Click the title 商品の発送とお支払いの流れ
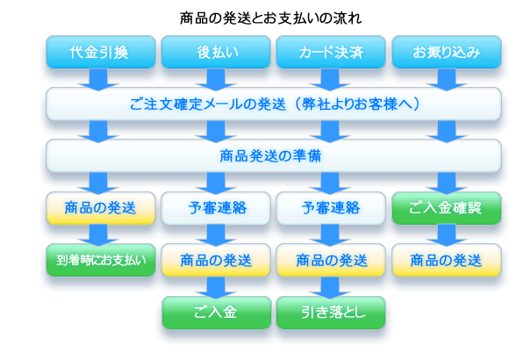(270, 18)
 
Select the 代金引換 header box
(101, 52)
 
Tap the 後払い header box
(216, 52)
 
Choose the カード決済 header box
(331, 52)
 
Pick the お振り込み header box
(447, 52)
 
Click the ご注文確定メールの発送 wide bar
(274, 104)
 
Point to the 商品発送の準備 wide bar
(274, 156)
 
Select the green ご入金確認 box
(447, 208)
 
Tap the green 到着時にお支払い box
(101, 260)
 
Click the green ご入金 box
(217, 313)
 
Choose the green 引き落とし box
(331, 313)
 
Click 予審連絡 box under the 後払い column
(216, 208)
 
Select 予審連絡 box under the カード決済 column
(331, 208)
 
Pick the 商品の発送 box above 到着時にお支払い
(101, 208)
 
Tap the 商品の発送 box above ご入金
(216, 260)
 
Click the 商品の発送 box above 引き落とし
(331, 260)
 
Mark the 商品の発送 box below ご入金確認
(447, 260)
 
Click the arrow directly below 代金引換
(98, 79)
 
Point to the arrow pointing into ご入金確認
(447, 184)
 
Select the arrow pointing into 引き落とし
(330, 287)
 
